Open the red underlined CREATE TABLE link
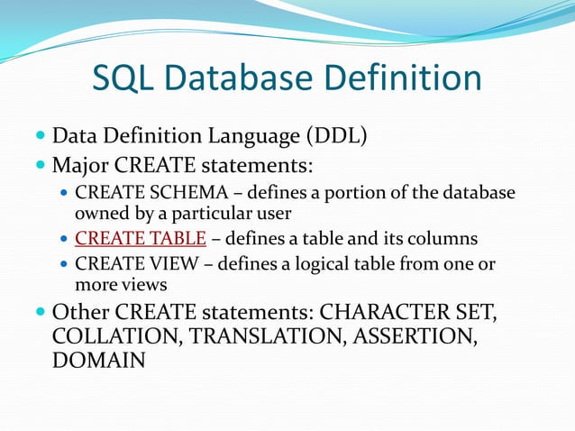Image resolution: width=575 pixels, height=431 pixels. tap(141, 239)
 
